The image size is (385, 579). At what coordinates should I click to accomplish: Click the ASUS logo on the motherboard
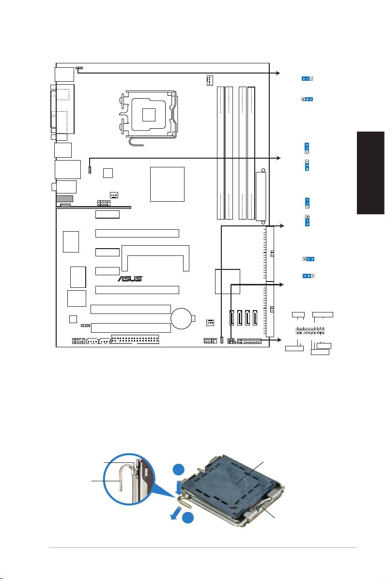[130, 279]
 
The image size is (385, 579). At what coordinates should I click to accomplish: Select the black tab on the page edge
[370, 173]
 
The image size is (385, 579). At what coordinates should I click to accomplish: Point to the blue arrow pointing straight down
[179, 487]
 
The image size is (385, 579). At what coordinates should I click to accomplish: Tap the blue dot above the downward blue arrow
[179, 470]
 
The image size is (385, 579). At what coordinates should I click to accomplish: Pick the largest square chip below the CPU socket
[167, 184]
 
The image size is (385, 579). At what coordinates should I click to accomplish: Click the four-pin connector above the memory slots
[210, 81]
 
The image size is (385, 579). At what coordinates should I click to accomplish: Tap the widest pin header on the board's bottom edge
[135, 340]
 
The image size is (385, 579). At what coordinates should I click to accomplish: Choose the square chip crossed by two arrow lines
[228, 282]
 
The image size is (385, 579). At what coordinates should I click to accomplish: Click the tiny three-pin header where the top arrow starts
[79, 68]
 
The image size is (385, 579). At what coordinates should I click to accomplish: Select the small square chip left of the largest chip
[108, 173]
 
